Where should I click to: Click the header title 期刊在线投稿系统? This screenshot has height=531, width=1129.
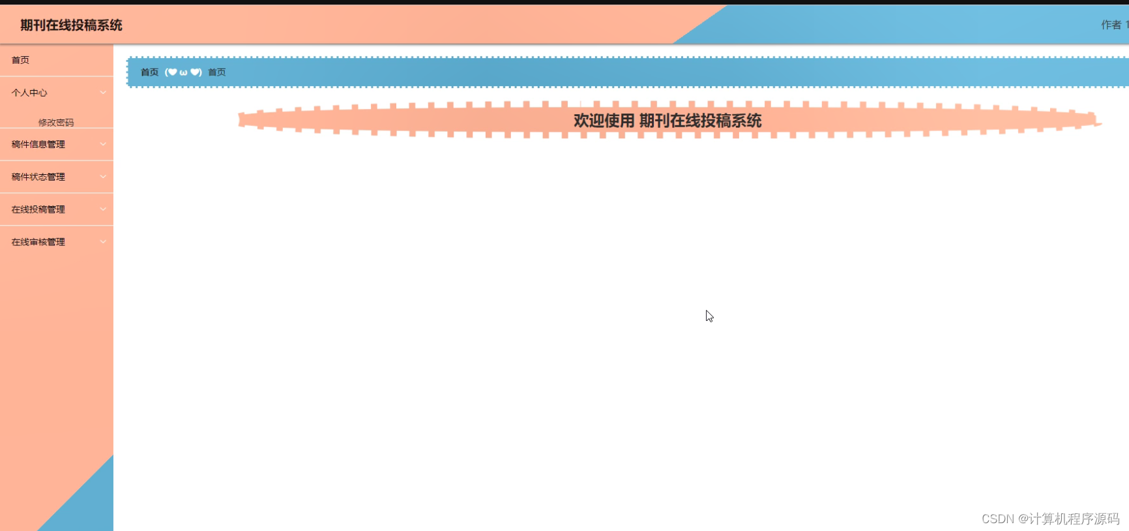(71, 25)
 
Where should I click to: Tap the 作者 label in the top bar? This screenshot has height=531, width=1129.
(1111, 25)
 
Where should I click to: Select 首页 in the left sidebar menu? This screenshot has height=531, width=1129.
(20, 60)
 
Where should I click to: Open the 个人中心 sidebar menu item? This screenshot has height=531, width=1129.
(29, 93)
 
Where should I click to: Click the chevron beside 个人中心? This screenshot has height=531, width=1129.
(103, 93)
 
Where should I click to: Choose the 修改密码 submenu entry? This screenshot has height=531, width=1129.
(56, 122)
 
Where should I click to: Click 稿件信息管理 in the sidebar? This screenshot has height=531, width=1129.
(38, 144)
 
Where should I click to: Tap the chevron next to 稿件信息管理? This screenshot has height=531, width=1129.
(103, 144)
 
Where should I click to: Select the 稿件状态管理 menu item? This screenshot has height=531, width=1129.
(38, 177)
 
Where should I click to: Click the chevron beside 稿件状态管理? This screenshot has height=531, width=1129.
(103, 177)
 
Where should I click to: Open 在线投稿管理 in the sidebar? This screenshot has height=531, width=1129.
(38, 209)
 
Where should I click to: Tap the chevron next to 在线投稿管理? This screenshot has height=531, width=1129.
(103, 209)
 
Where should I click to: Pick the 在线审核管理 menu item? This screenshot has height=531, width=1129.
(38, 242)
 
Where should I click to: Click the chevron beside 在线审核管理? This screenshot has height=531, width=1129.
(103, 242)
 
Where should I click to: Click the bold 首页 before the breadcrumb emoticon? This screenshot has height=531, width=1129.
(149, 72)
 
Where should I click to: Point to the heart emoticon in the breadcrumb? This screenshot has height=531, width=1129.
(183, 72)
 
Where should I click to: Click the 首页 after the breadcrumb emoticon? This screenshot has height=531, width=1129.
(217, 72)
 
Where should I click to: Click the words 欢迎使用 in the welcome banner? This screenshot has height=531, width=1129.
(604, 121)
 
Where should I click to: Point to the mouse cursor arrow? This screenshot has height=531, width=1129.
(709, 316)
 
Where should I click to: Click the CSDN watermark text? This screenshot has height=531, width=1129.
(1050, 519)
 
